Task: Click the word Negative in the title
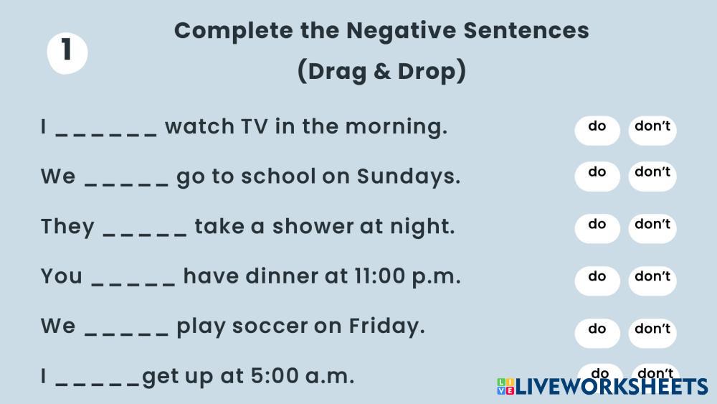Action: [401, 31]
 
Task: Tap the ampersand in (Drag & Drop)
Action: [381, 71]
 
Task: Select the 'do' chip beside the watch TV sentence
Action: [597, 131]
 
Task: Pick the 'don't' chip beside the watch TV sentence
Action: [652, 131]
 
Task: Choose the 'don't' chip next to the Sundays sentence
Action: [652, 176]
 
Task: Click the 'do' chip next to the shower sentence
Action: [597, 228]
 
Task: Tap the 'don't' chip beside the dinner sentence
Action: [652, 281]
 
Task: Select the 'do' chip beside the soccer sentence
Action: [597, 333]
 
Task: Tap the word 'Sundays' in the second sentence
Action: [408, 177]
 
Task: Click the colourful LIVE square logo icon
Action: [505, 386]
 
